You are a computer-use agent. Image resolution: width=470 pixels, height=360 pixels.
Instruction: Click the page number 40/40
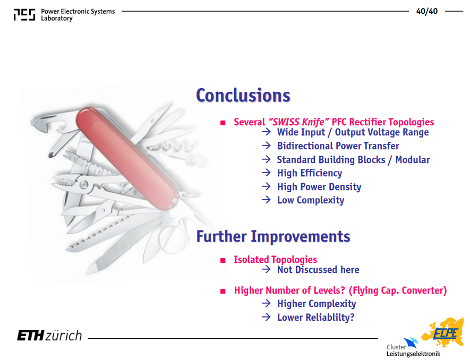426,11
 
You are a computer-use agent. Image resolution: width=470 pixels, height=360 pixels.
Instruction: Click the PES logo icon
24,15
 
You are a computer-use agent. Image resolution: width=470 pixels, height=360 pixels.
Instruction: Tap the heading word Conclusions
243,96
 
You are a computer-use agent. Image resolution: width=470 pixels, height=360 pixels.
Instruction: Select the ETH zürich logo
49,336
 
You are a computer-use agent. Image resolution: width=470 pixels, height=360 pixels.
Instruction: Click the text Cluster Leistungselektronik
413,350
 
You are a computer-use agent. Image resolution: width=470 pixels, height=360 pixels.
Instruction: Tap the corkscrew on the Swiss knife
172,147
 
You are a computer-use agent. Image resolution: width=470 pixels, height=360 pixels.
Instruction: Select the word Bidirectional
304,146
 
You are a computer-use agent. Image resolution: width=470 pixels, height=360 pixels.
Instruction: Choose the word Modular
413,160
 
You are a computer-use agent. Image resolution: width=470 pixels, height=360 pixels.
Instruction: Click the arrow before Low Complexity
266,200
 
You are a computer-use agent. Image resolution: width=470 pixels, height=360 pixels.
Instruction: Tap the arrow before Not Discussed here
266,269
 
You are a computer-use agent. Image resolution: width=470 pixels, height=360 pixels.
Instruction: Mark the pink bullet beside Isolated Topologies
223,260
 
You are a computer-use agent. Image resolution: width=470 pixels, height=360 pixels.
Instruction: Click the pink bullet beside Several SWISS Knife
223,123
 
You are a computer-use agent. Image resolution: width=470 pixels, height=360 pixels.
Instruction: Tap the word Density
345,187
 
